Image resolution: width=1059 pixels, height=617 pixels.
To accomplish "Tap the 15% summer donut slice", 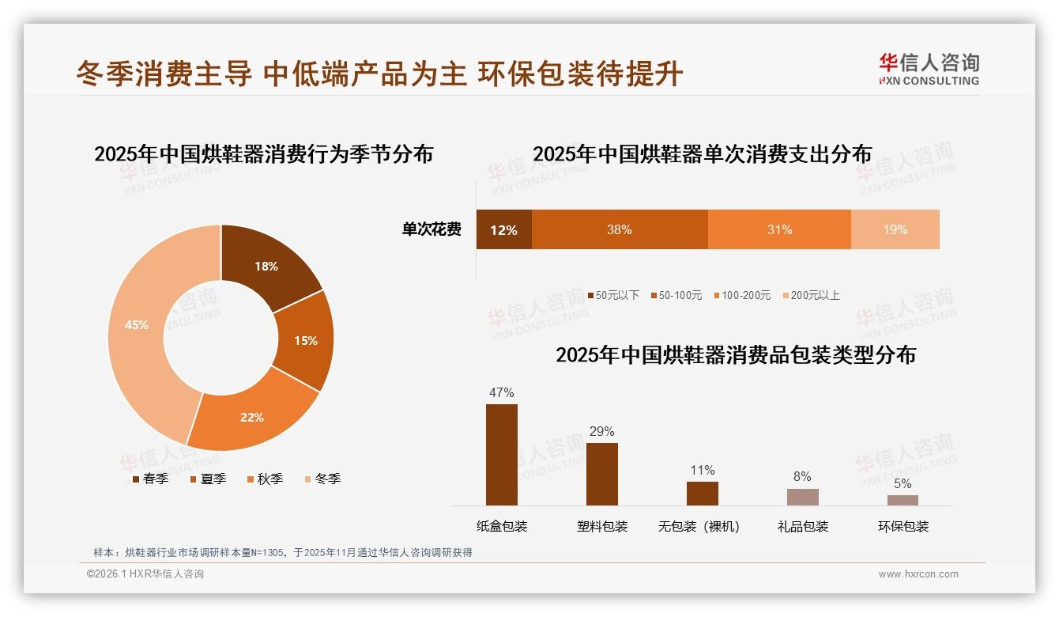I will (304, 340).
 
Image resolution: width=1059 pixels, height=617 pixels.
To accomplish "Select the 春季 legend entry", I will (150, 479).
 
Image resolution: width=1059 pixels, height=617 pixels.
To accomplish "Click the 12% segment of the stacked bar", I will (503, 229).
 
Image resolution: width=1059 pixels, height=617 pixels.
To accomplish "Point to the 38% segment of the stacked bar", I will (619, 229).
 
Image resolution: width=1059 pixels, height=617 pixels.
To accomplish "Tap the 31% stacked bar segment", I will (779, 229).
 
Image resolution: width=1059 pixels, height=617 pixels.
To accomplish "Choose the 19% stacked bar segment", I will (895, 229).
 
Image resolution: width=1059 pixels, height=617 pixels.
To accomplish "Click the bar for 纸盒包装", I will (501, 455).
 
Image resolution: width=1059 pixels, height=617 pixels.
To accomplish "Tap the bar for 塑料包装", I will (601, 474).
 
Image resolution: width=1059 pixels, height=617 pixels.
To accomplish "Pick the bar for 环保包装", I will (903, 500).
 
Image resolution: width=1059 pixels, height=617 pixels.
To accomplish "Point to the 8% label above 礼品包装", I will (802, 476).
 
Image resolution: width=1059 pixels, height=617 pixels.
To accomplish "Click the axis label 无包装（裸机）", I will (699, 526).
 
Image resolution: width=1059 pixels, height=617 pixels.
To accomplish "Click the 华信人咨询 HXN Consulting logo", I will (929, 69).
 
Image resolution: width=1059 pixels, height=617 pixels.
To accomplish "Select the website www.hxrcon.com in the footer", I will (918, 574).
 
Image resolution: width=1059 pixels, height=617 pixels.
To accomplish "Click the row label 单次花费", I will (432, 229).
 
